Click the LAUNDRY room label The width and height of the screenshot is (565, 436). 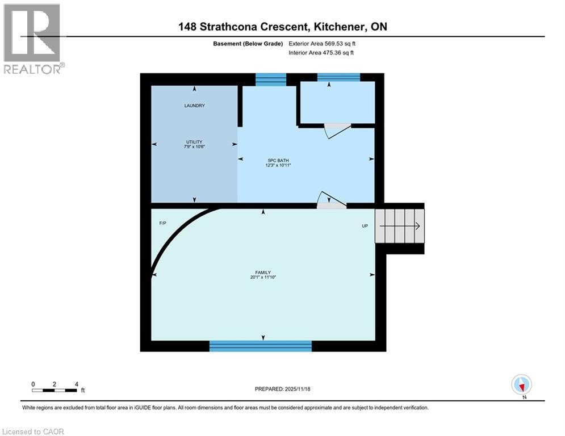coord(194,106)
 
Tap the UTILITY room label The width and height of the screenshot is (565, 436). coord(194,142)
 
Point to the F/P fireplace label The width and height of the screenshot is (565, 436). coord(162,225)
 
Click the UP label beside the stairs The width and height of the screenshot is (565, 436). coord(365,225)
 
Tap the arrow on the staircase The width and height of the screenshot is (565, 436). coord(400,226)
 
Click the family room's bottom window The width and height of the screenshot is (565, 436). coord(261,346)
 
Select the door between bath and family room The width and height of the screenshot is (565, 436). coord(332,200)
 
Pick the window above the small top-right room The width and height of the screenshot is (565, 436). coord(338,77)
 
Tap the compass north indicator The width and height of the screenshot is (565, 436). coord(521,385)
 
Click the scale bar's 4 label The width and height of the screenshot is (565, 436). coord(76,384)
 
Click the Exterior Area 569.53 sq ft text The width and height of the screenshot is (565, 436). coord(322,43)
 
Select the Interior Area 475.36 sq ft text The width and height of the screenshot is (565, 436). coord(321,53)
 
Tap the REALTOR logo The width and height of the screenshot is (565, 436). coord(32,39)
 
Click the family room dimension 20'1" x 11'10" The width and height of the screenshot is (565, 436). coord(261,277)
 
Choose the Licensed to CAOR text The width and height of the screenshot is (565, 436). coord(34,431)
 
